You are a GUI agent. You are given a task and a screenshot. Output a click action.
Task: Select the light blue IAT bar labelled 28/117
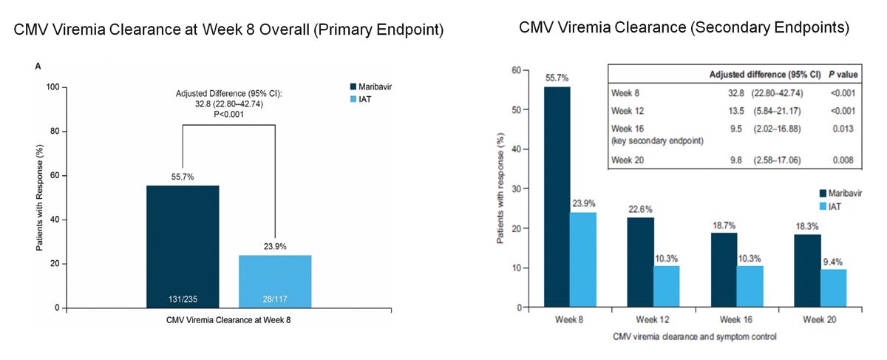tap(275, 281)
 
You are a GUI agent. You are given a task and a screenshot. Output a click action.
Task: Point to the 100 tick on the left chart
tap(52, 87)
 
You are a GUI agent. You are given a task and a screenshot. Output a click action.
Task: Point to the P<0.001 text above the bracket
tap(228, 115)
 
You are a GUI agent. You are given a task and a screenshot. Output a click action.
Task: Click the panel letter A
tap(38, 67)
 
